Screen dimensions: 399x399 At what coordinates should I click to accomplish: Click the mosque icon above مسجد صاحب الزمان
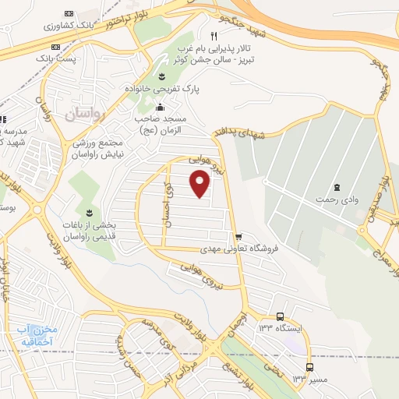[161, 108]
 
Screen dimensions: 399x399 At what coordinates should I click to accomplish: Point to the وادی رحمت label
[336, 199]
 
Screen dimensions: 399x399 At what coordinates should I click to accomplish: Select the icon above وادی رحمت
[337, 186]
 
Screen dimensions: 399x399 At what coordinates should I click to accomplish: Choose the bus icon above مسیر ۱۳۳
[310, 366]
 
